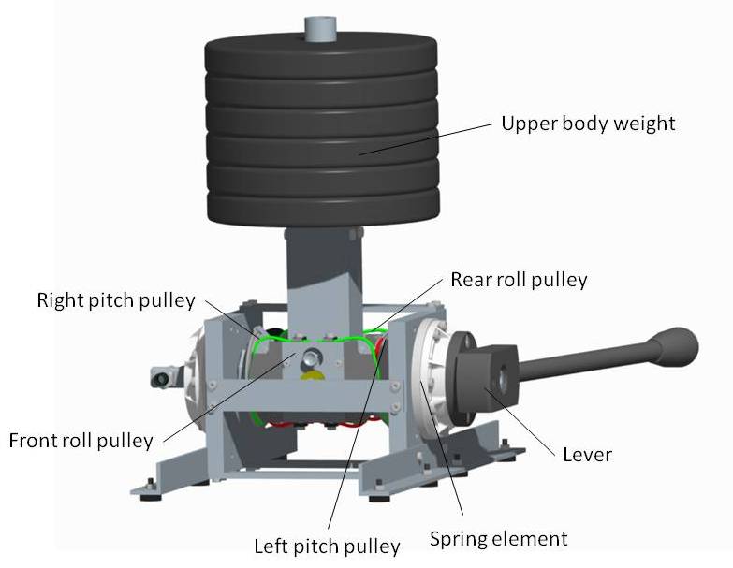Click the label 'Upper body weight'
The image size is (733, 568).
coord(587,124)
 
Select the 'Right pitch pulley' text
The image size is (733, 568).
coord(116,300)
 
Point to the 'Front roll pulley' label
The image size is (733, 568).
coord(81,440)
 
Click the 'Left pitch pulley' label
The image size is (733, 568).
coord(328,546)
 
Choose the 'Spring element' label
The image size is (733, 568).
coord(498,539)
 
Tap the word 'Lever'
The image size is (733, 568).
coord(587,455)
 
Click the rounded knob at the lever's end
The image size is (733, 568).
coord(678,342)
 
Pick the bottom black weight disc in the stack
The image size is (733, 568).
coord(321,209)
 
